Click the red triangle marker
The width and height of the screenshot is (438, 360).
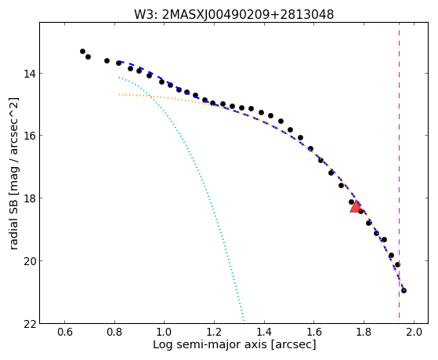[356, 206]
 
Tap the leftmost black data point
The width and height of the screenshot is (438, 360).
[82, 51]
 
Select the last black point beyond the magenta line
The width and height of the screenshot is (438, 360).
[404, 290]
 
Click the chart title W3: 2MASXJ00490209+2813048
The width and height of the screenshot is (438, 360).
[233, 14]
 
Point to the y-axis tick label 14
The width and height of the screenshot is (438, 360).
[29, 73]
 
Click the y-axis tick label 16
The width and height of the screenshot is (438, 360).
[29, 136]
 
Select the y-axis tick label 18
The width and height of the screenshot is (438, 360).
[29, 198]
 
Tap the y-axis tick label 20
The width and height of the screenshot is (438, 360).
[29, 260]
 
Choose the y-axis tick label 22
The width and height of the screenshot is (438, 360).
[29, 323]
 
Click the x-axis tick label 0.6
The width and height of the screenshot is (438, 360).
[65, 332]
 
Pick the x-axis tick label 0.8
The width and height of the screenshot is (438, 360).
[115, 332]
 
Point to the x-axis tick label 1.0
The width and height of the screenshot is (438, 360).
[165, 332]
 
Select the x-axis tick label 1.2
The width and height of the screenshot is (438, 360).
[214, 332]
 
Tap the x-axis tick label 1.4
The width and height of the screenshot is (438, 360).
[264, 332]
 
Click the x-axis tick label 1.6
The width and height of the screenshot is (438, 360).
[314, 332]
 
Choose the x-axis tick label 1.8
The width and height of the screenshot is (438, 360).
[364, 332]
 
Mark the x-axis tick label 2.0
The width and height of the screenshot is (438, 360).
[414, 332]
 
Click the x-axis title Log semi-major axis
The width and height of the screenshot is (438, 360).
[210, 345]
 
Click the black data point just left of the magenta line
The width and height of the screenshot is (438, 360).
[397, 264]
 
